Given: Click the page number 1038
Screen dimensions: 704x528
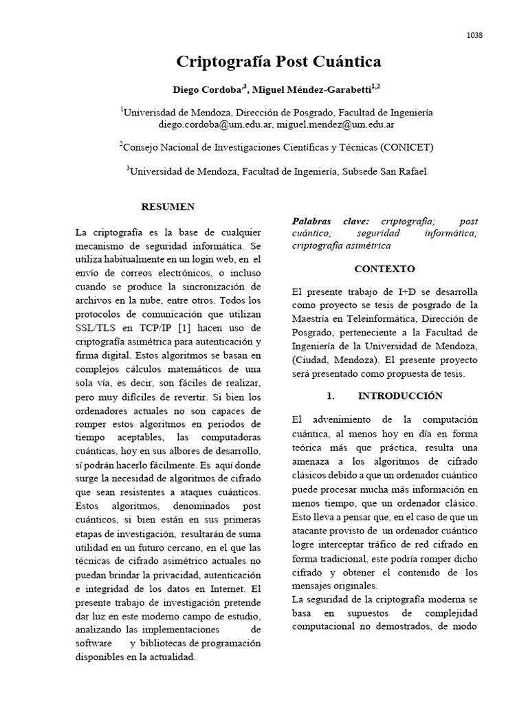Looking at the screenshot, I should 474,36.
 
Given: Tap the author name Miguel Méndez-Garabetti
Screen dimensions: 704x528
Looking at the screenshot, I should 312,90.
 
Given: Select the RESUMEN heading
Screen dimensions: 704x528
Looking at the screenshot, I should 168,206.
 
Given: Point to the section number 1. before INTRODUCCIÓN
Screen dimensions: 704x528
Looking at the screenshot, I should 330,396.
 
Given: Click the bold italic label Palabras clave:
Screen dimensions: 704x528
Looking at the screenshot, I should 330,221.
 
